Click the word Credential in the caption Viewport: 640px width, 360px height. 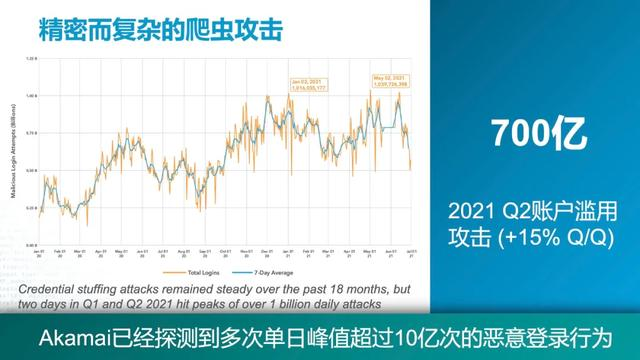[51, 287]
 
